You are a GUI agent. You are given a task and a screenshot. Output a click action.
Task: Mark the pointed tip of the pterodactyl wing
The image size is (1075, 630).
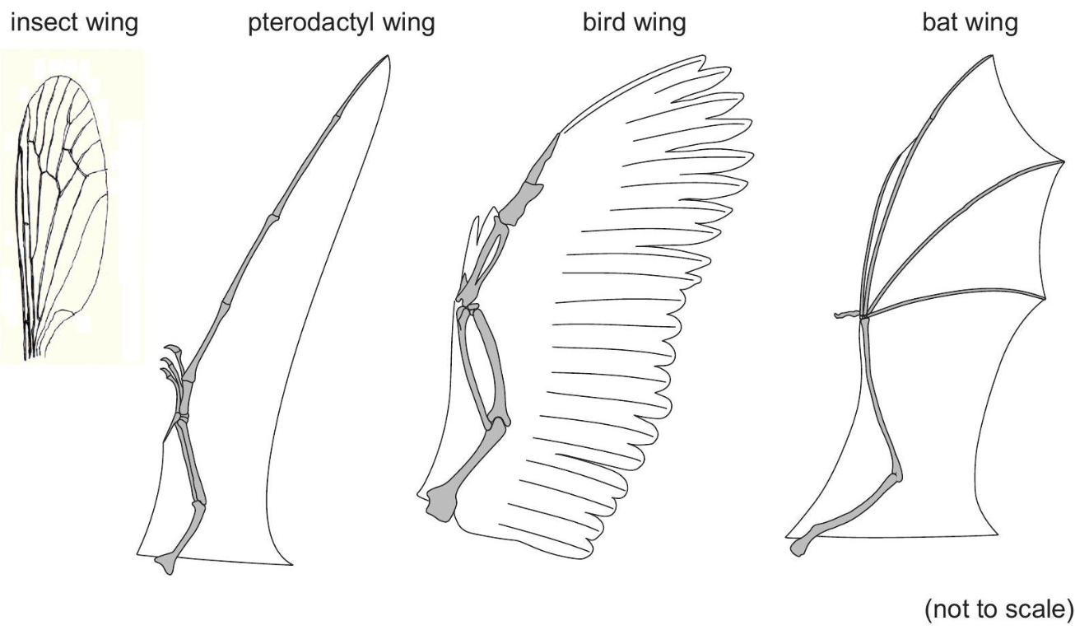point(386,57)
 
